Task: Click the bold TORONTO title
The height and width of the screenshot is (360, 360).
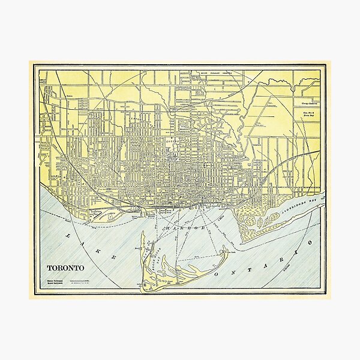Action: [66, 267]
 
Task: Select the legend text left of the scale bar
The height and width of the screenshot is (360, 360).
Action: [56, 281]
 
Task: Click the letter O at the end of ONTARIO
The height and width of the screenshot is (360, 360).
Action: [310, 241]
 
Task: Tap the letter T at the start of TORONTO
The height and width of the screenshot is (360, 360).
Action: [50, 267]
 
